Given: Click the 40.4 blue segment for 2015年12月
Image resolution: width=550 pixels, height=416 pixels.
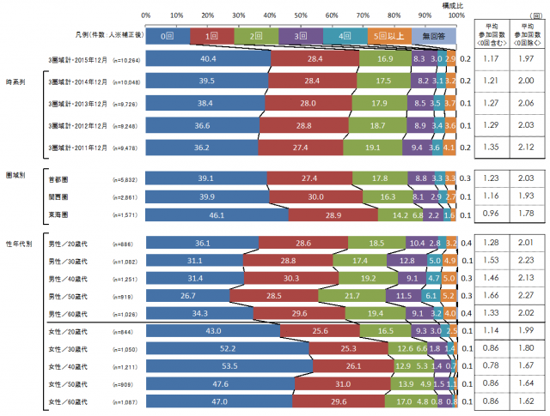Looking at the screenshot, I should coord(207,58).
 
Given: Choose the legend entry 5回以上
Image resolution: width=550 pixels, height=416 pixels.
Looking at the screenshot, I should coord(388,36).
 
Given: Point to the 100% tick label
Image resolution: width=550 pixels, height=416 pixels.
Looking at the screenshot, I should coord(456,15).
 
